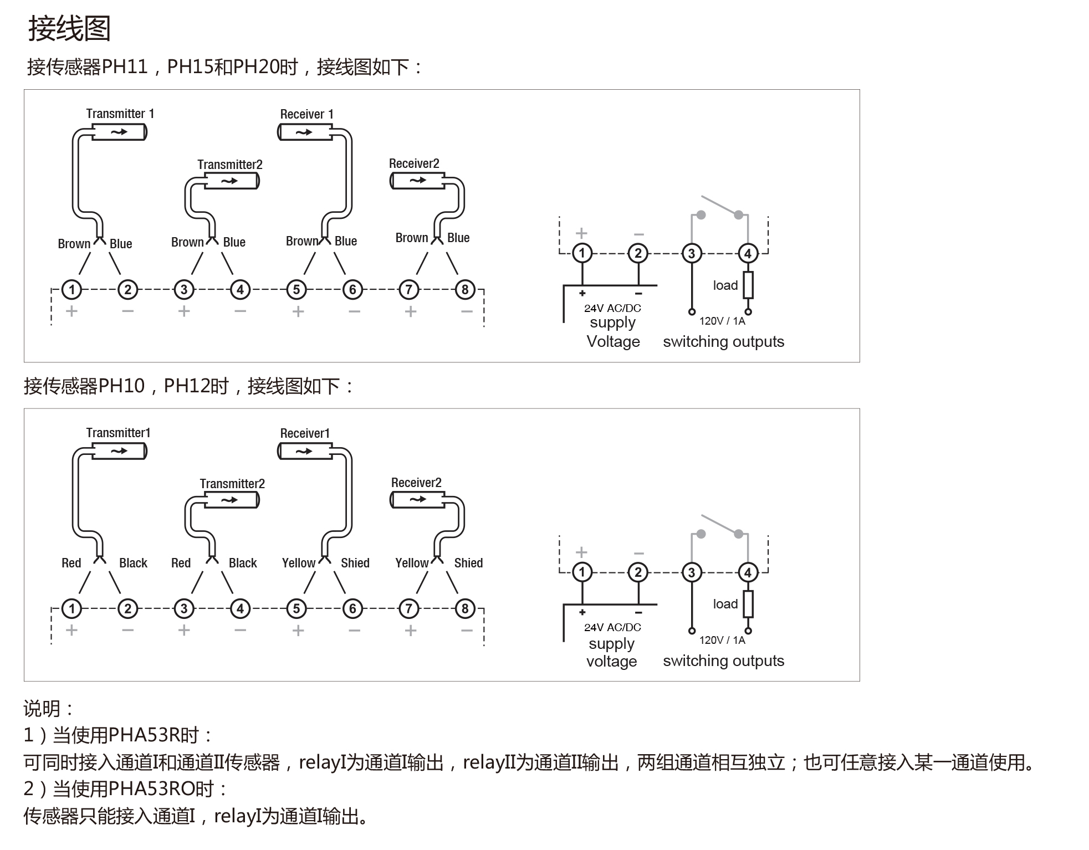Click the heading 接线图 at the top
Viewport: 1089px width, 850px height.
point(69,29)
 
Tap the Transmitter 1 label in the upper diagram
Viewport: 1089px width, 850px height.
point(120,114)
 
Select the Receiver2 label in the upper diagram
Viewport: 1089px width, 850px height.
point(414,163)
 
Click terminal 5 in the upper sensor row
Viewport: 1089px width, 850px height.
point(296,289)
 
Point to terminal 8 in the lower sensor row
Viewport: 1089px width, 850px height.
point(465,608)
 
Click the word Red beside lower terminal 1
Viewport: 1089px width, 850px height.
point(71,563)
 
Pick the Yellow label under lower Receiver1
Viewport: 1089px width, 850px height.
point(299,563)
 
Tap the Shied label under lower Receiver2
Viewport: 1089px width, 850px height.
point(468,563)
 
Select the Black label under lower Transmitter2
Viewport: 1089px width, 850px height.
point(243,563)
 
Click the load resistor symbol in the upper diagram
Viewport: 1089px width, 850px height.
point(748,285)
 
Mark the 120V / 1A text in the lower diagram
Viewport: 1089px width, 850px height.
point(722,640)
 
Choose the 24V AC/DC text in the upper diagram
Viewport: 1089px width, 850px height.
point(612,308)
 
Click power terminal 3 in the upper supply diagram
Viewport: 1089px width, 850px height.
point(692,253)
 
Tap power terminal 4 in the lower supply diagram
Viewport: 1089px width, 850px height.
point(748,572)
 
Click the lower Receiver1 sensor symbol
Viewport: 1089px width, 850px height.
point(305,452)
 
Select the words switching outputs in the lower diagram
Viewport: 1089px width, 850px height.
point(724,660)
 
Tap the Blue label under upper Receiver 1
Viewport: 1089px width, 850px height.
point(346,241)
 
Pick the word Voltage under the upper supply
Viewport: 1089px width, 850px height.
point(613,341)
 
